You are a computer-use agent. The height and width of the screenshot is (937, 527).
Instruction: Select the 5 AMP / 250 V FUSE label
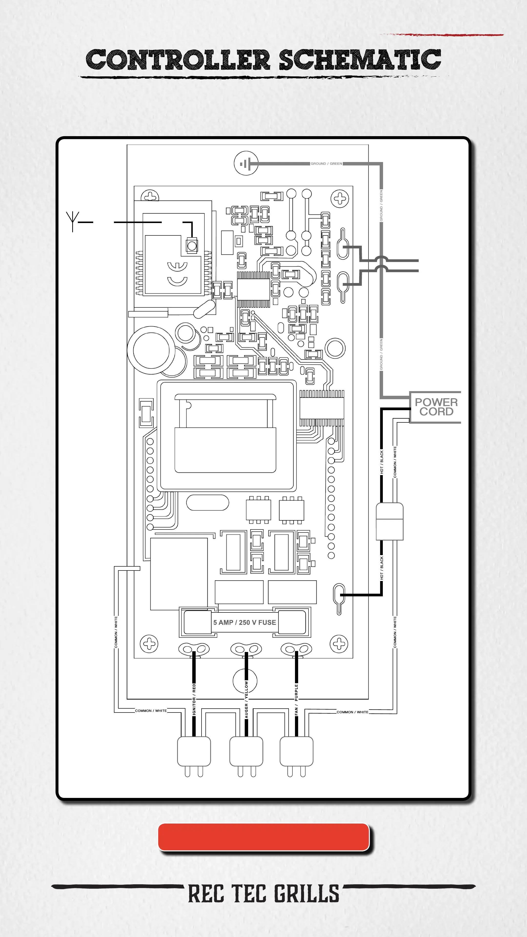[x=244, y=622]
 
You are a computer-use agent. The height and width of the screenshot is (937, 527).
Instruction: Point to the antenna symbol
[x=72, y=220]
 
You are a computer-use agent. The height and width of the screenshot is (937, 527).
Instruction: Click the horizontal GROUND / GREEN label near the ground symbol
[x=326, y=164]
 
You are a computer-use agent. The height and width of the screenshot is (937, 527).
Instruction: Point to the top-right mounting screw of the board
[x=340, y=199]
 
